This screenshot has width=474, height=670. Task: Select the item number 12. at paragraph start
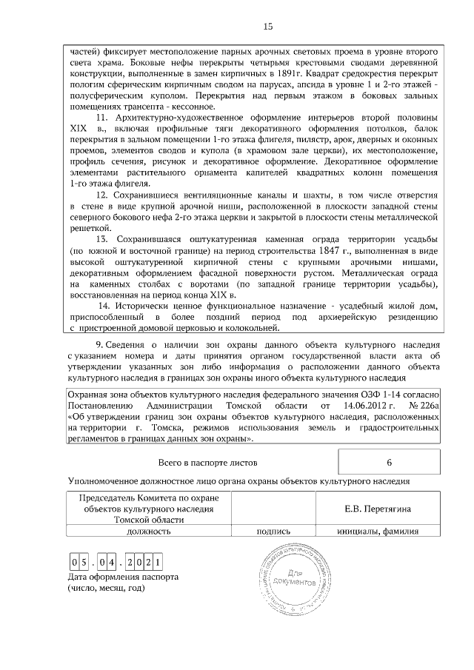(104, 194)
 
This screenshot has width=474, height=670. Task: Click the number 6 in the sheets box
(389, 463)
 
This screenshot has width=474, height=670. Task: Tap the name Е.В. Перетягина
(378, 509)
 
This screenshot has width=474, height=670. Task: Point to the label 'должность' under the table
(149, 531)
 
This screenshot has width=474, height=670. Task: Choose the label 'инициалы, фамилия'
(378, 531)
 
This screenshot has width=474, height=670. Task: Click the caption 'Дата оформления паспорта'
(123, 577)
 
